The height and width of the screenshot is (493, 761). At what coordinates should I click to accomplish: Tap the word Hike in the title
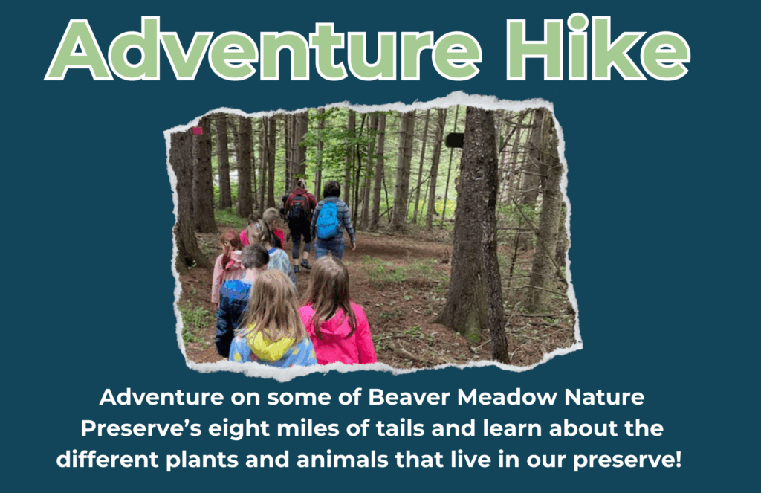point(598,48)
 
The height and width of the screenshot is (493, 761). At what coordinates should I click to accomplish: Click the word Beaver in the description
point(409,397)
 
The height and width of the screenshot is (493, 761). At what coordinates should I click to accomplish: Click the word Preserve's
point(140,428)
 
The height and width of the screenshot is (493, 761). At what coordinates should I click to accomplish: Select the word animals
point(342,460)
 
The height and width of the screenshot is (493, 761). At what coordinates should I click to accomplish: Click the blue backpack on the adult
point(328,220)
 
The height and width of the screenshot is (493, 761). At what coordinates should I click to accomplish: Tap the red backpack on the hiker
point(298,205)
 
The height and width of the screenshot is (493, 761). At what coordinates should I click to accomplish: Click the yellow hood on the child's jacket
point(271,346)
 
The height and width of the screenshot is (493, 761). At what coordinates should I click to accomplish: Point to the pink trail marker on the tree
point(197,131)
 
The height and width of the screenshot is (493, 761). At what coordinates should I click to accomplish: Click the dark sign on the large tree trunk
point(455,140)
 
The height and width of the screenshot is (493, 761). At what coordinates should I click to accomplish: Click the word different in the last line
point(107,460)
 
